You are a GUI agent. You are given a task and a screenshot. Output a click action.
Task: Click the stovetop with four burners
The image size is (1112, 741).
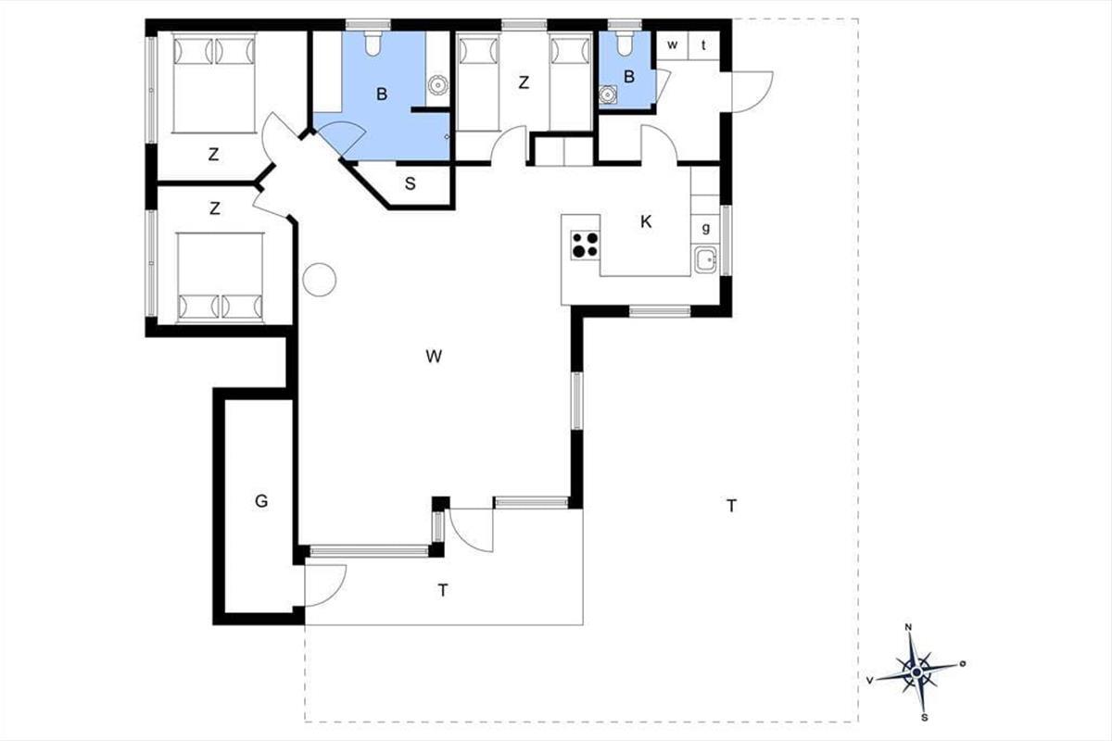[x=585, y=245]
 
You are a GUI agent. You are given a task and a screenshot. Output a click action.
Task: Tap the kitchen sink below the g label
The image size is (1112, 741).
[x=705, y=260]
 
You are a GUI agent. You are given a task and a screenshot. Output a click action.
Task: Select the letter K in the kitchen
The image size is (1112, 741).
[x=646, y=222]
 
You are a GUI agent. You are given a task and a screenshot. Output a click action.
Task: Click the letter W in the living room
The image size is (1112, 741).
[x=434, y=356]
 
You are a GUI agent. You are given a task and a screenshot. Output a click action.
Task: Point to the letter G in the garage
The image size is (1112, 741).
[x=261, y=501]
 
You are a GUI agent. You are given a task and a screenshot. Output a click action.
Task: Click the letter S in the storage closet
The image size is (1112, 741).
[x=410, y=183]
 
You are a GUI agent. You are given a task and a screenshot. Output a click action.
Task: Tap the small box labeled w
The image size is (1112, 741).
[x=672, y=45]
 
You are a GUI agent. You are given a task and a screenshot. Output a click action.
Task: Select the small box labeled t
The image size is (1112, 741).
[x=703, y=45]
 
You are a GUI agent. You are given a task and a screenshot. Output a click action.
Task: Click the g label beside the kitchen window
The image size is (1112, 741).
[x=706, y=228]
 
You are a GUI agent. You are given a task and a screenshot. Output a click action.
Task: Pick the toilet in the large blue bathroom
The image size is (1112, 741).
[x=373, y=43]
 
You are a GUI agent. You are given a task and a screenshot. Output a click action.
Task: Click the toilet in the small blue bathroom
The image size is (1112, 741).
[x=625, y=44]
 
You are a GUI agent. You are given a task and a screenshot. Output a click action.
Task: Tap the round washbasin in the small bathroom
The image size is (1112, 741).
[x=608, y=94]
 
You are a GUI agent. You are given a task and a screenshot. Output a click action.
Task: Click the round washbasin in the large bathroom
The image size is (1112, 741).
[x=437, y=84]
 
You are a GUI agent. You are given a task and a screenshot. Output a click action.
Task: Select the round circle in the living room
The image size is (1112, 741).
[x=319, y=280]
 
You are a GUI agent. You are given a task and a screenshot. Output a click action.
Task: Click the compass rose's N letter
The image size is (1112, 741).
[x=908, y=627]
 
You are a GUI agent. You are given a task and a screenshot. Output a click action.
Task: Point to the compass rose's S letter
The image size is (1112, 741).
[x=925, y=718]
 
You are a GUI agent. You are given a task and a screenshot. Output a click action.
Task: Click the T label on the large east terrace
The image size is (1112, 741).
[x=731, y=506]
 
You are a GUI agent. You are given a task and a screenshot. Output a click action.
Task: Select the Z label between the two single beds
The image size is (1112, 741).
[x=524, y=82]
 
